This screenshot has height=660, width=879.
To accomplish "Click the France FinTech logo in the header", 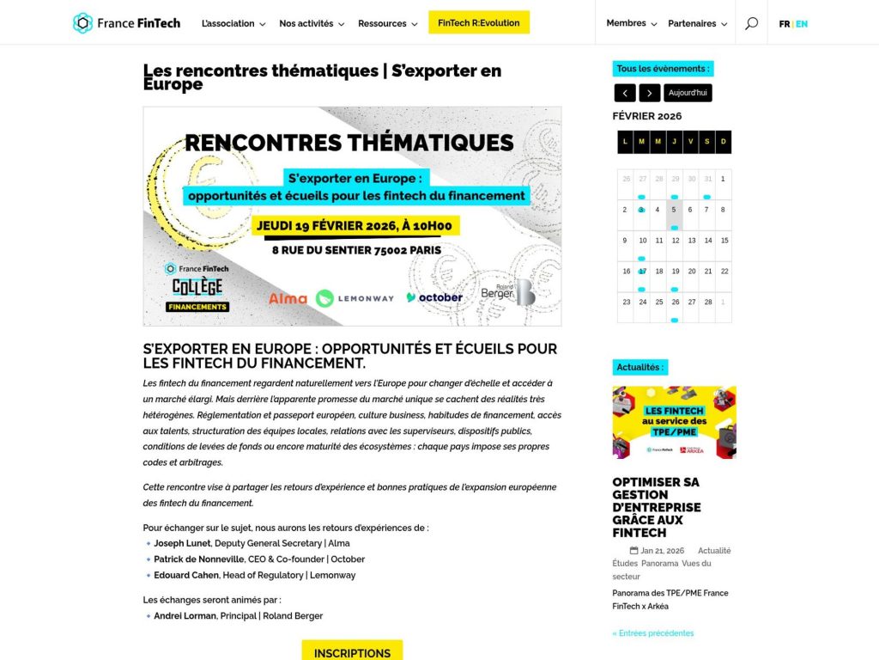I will click(x=127, y=23).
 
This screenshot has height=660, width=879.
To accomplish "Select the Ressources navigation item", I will click(x=387, y=23).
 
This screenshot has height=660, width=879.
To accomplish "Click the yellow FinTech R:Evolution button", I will click(x=479, y=23).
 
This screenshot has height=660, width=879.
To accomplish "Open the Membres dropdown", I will click(x=631, y=23).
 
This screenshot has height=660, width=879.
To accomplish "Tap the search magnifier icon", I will click(x=751, y=23).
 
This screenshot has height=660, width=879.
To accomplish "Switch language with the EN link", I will click(x=802, y=24).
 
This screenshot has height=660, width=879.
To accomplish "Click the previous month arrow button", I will click(x=625, y=93).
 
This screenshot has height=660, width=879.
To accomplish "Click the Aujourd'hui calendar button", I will click(x=688, y=93).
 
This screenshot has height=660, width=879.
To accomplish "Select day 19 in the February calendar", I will click(x=676, y=271).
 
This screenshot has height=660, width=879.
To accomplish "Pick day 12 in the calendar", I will click(x=676, y=241).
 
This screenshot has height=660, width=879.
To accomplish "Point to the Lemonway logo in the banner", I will click(x=355, y=298).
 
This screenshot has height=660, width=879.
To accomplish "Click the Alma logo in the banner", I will click(x=288, y=298).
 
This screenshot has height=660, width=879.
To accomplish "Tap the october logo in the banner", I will click(x=434, y=297).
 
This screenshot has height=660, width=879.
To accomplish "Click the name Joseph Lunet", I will click(x=183, y=543).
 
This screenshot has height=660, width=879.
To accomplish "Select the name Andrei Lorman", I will click(x=185, y=615).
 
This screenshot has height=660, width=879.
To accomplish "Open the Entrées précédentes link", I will click(x=653, y=633).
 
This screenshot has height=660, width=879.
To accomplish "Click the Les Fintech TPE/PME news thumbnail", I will click(x=674, y=423).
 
